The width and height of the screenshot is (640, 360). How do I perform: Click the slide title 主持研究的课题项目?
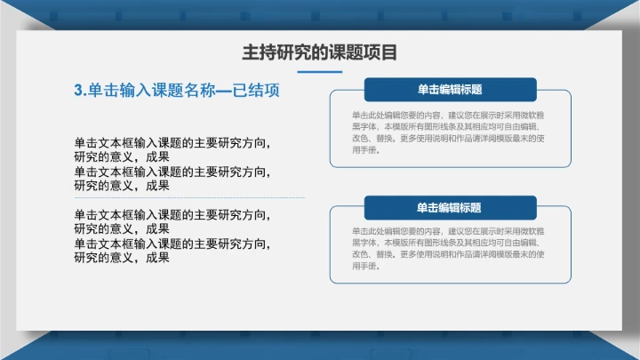coord(319,52)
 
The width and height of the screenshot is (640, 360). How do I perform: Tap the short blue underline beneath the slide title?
coord(319,71)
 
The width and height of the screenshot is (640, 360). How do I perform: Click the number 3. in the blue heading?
coord(80,91)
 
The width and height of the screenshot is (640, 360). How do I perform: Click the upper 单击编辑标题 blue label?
coord(450,90)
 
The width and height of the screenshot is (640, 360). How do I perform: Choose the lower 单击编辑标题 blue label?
coord(450,208)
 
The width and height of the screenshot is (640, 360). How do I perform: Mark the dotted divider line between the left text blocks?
coord(188,198)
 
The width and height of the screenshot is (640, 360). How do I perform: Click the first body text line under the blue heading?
coord(172,142)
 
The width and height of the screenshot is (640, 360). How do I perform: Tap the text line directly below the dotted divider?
coord(172,214)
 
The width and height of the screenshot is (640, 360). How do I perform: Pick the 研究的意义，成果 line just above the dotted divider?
coord(122,186)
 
